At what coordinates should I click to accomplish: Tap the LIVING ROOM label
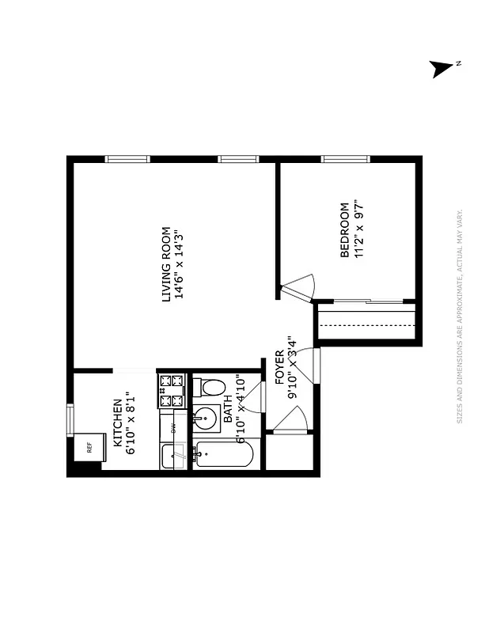(x=166, y=264)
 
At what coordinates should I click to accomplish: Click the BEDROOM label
(x=344, y=230)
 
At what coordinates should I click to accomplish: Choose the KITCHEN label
(x=117, y=421)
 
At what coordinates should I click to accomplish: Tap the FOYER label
(x=279, y=366)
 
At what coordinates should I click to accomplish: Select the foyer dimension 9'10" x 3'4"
(x=292, y=366)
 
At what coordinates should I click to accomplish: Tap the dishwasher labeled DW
(x=172, y=426)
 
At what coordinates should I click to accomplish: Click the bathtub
(x=223, y=455)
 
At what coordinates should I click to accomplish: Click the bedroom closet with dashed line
(x=366, y=324)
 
